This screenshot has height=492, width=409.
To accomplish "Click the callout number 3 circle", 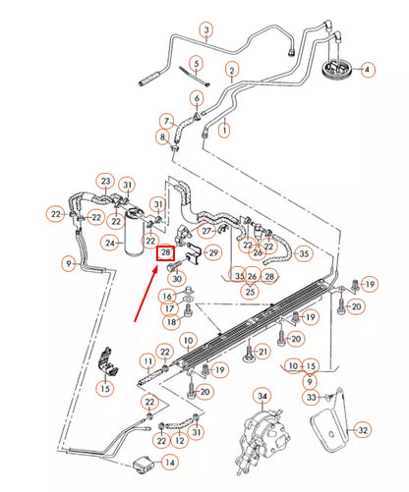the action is pos(206,30).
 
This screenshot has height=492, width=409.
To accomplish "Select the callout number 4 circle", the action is pos(367,70).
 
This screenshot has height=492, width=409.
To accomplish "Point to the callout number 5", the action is pos(197,64).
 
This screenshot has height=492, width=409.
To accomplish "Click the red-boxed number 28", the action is pos(165,253).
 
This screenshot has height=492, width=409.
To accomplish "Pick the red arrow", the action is pos(146,294).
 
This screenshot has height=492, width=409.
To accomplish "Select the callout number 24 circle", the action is pos(110,244).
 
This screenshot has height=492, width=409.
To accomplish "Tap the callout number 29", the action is pos(213,252).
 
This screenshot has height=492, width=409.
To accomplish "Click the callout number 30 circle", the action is pos(177,279).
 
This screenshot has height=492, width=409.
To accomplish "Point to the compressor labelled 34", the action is pos(263,440).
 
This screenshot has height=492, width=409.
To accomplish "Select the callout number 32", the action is pos(363,430).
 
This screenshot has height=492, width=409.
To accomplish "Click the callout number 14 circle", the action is pos(170,463).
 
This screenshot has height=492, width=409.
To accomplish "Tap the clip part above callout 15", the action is pos(107,361).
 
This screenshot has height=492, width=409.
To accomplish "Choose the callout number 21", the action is pos(263,352).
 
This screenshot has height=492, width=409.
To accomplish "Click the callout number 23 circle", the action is pos(105,181).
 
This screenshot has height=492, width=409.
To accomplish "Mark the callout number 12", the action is pos(179,441).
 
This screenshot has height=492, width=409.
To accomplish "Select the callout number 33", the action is pos(311,398).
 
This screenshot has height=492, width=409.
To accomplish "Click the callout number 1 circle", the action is pos(224,131).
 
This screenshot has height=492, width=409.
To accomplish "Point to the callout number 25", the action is pos(250,292).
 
